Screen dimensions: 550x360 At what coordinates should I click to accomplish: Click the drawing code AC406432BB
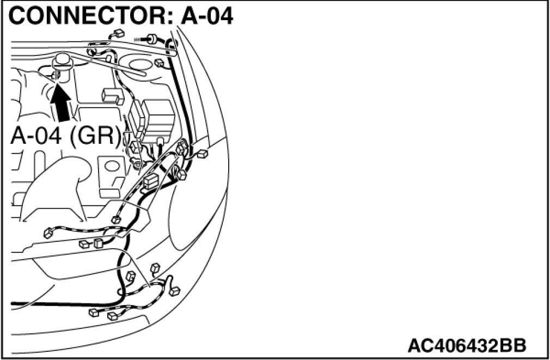[x=467, y=345]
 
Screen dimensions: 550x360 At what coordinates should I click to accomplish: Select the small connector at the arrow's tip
[x=56, y=74]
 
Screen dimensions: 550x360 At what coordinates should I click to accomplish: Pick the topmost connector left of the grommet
[x=118, y=34]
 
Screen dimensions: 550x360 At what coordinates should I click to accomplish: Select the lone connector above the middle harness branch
[x=115, y=219]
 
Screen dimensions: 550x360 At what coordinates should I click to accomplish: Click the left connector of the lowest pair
[x=93, y=313]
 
